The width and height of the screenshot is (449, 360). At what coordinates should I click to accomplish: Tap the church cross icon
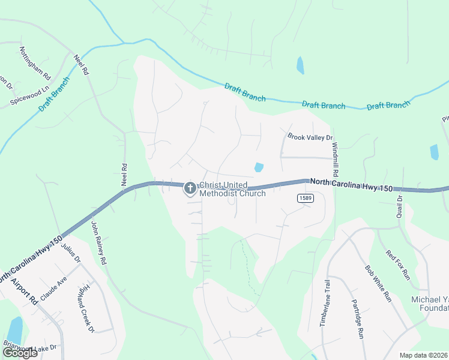coord(190,189)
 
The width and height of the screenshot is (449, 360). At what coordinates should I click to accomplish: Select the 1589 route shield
coord(306,197)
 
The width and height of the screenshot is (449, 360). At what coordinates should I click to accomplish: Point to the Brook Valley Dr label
coord(310,137)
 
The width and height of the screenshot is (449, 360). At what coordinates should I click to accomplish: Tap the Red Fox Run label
coord(398,265)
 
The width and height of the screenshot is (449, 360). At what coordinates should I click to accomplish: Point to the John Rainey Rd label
coord(98,242)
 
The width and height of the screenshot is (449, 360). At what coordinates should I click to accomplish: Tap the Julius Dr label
coord(70,250)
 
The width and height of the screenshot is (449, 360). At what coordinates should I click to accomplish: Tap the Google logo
coord(20,352)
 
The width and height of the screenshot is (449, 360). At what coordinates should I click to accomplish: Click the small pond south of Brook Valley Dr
coord(259,167)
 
